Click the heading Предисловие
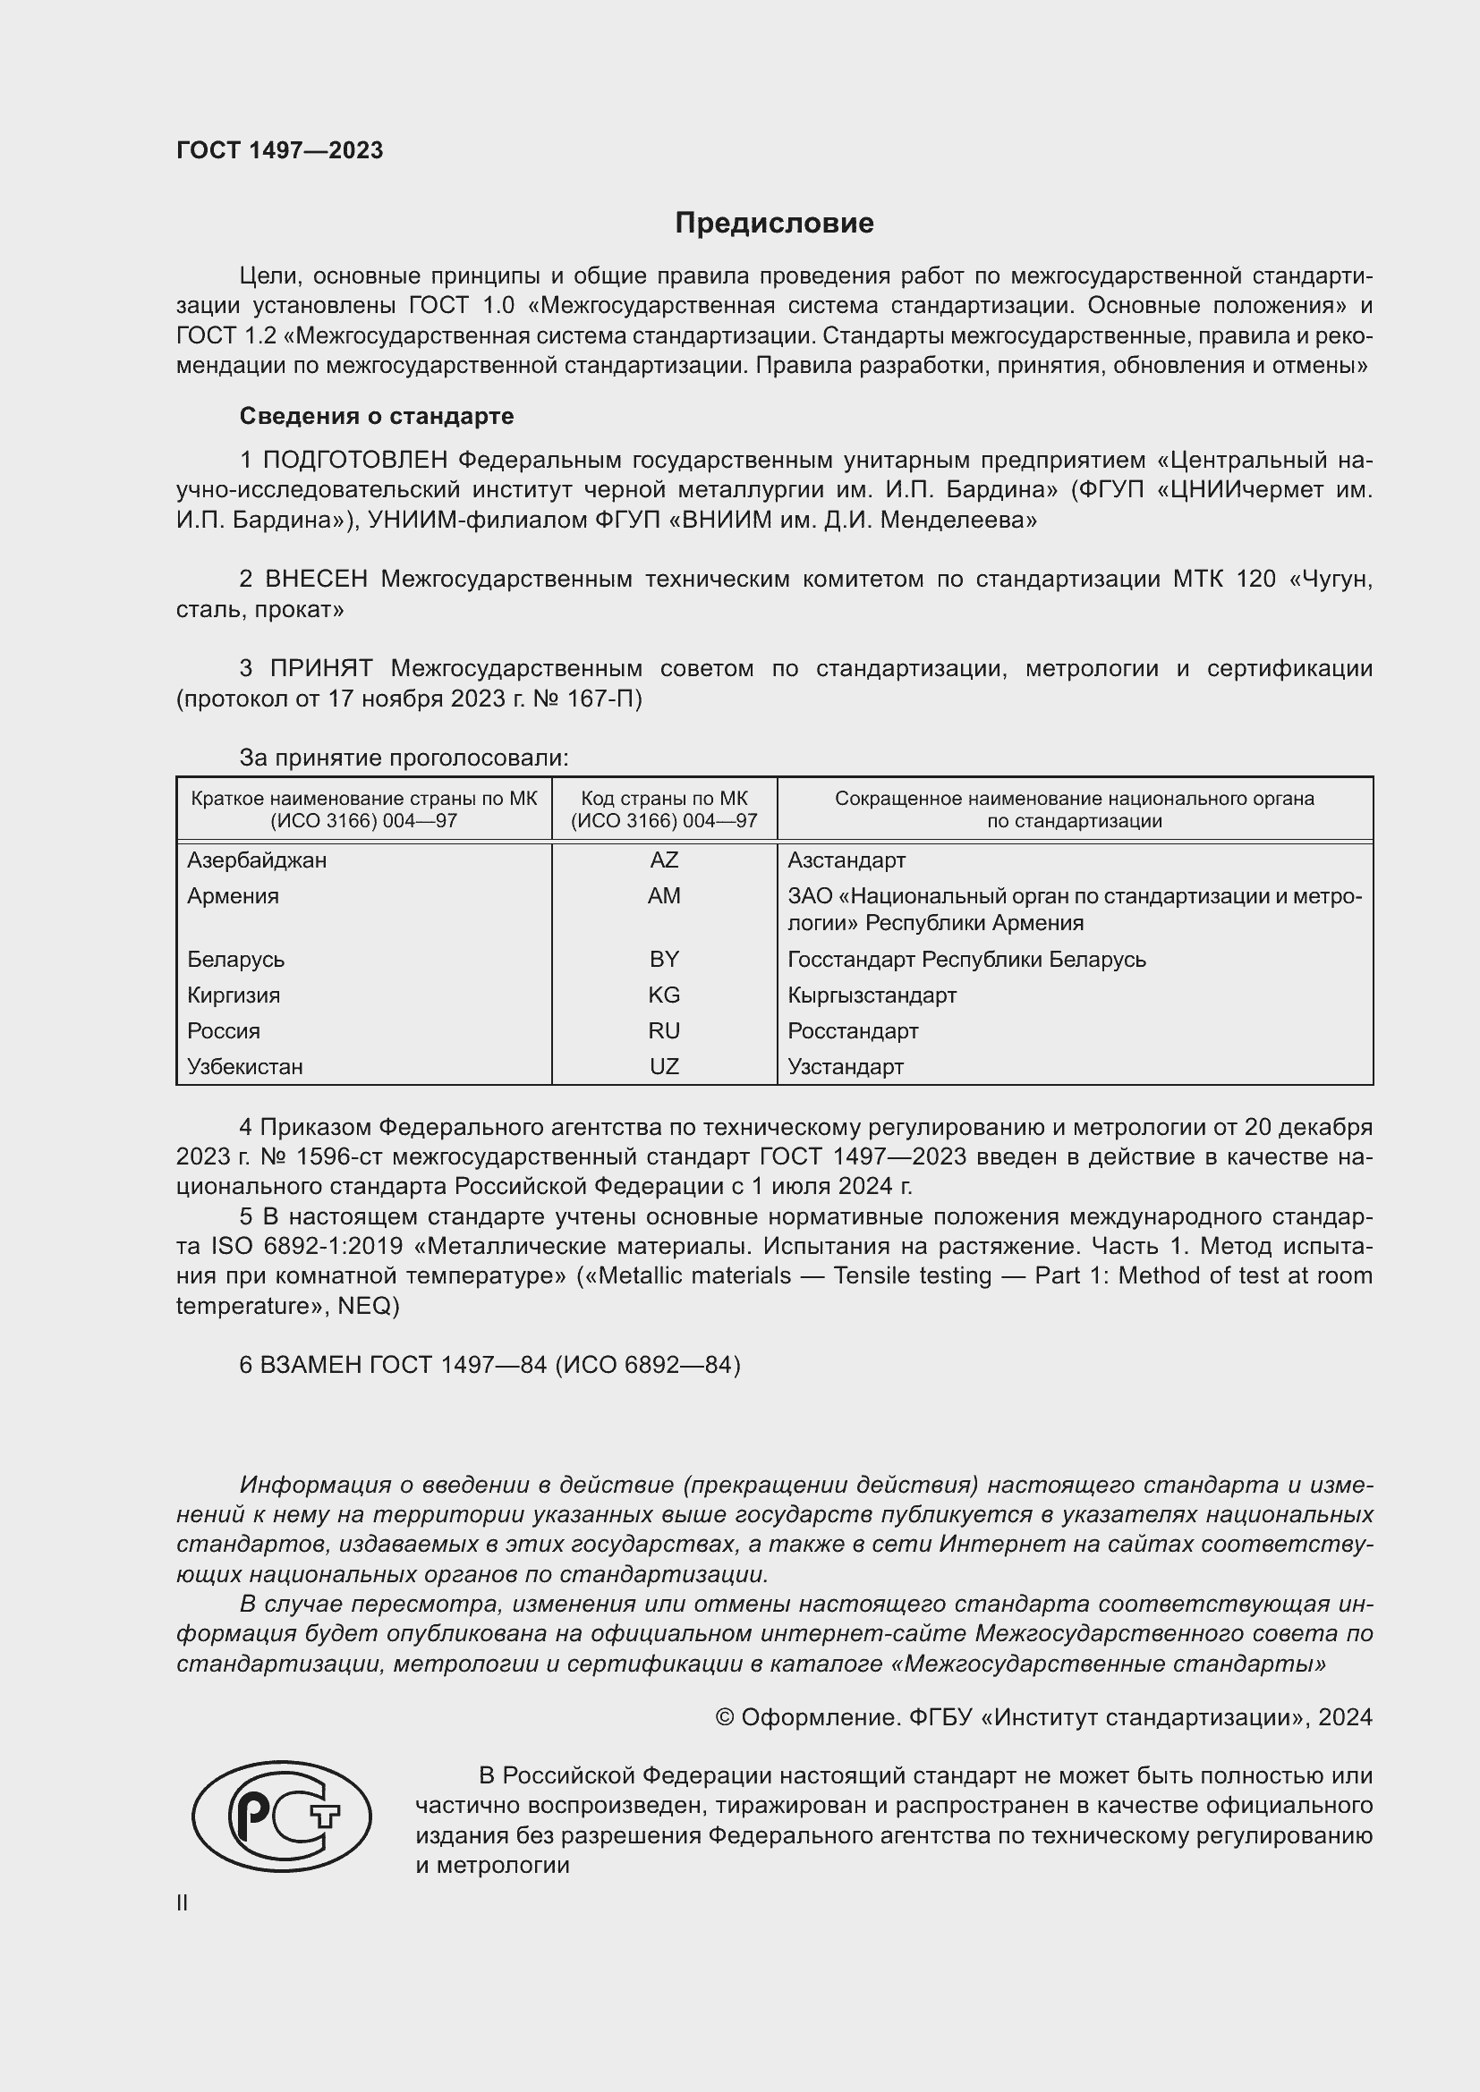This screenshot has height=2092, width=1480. [x=774, y=224]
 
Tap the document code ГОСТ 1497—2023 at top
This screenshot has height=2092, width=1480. [x=280, y=150]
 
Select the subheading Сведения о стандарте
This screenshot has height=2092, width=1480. [x=377, y=417]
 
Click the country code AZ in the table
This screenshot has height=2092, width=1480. [x=663, y=860]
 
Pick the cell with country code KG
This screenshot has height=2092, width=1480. [x=663, y=995]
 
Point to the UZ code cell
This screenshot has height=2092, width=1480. [x=663, y=1067]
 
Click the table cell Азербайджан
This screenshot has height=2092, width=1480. [x=257, y=860]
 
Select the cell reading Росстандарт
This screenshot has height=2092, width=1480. [x=853, y=1031]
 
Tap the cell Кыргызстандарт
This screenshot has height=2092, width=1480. [x=872, y=995]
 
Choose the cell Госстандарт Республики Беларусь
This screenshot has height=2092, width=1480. [x=967, y=960]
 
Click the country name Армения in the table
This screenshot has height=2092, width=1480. [x=234, y=896]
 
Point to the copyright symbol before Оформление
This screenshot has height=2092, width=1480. [x=725, y=1718]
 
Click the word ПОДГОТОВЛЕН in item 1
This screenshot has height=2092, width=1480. [x=356, y=461]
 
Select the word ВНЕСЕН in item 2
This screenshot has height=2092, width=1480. [x=316, y=580]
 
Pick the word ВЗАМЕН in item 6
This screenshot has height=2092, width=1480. [x=311, y=1365]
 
